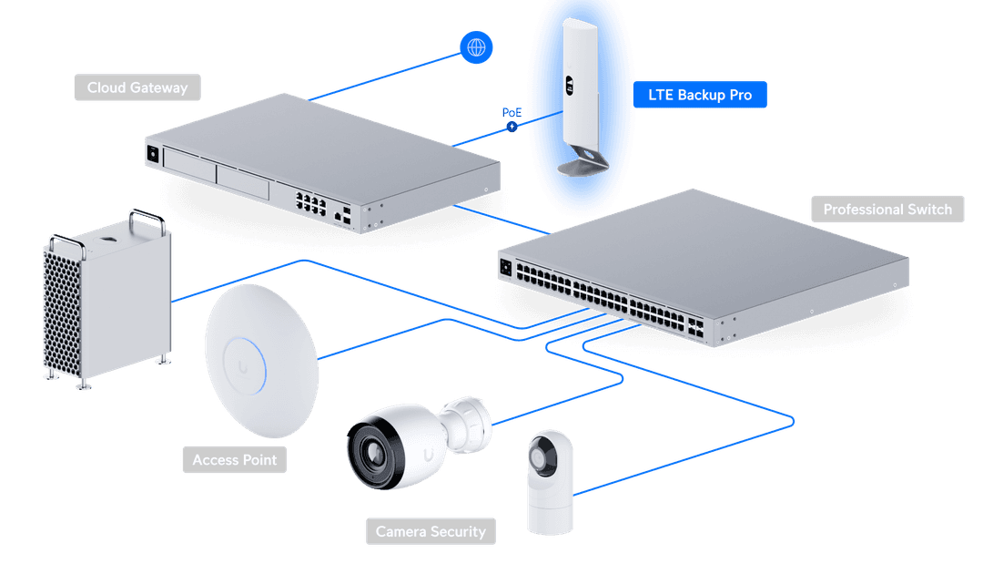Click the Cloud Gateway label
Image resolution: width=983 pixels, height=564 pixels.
pyautogui.click(x=137, y=88)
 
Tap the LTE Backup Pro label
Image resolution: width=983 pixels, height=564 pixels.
pyautogui.click(x=699, y=95)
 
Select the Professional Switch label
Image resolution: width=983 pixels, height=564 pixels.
pyautogui.click(x=887, y=210)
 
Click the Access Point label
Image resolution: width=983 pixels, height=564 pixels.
pyautogui.click(x=234, y=460)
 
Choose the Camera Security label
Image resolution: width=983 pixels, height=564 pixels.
pyautogui.click(x=431, y=531)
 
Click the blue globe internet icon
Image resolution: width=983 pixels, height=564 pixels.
pyautogui.click(x=476, y=46)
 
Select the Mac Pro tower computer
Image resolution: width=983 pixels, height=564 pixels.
pyautogui.click(x=107, y=301)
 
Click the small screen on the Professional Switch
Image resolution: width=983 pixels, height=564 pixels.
pyautogui.click(x=505, y=267)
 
